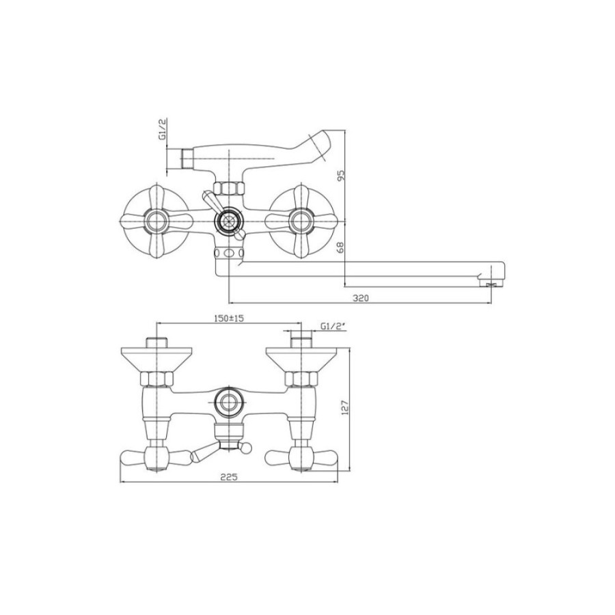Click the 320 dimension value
click(360, 298)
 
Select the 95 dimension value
click(340, 176)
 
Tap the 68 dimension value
click(340, 247)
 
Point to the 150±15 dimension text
click(229, 318)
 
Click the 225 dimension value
click(228, 477)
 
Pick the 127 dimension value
click(345, 407)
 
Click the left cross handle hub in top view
click(156, 221)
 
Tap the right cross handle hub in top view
click(301, 221)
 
